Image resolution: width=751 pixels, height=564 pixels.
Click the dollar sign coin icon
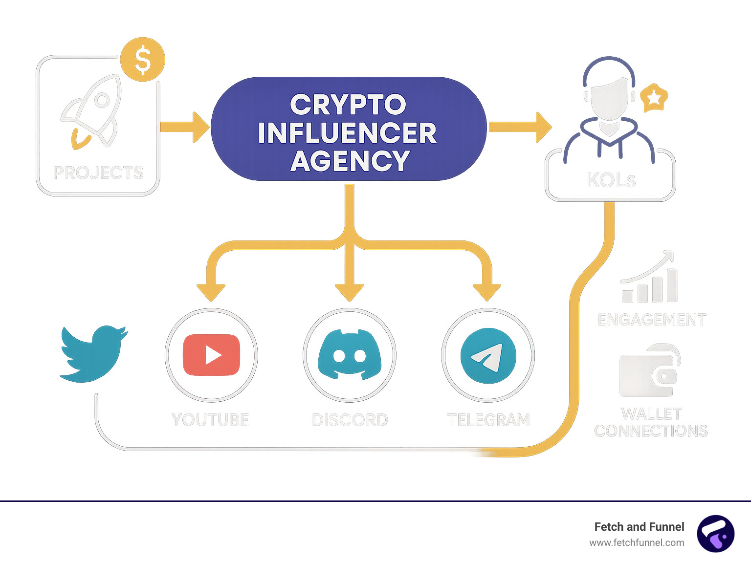[x=142, y=59]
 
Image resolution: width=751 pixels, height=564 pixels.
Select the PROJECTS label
[x=98, y=173]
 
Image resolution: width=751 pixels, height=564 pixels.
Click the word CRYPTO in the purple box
[x=348, y=105]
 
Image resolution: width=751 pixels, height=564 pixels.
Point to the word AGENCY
[x=350, y=160]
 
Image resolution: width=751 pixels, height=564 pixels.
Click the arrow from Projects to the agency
[x=185, y=127]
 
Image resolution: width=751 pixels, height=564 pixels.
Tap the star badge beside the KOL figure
[x=654, y=98]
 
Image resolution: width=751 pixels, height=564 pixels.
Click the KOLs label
[x=611, y=180]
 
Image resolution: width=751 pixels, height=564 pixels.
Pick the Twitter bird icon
[x=93, y=353]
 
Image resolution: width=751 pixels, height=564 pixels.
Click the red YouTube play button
[x=211, y=355]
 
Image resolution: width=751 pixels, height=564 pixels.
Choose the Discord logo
[x=350, y=355]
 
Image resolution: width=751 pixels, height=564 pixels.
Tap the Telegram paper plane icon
[x=488, y=356]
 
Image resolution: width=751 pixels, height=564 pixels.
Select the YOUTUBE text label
[x=210, y=420]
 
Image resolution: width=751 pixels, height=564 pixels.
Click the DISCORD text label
[x=350, y=420]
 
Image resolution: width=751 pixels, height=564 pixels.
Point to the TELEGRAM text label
[x=488, y=420]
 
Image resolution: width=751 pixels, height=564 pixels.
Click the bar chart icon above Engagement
[x=650, y=279]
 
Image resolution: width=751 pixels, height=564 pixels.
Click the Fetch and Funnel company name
[x=639, y=527]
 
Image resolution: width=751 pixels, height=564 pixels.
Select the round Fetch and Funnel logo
[x=715, y=534]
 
